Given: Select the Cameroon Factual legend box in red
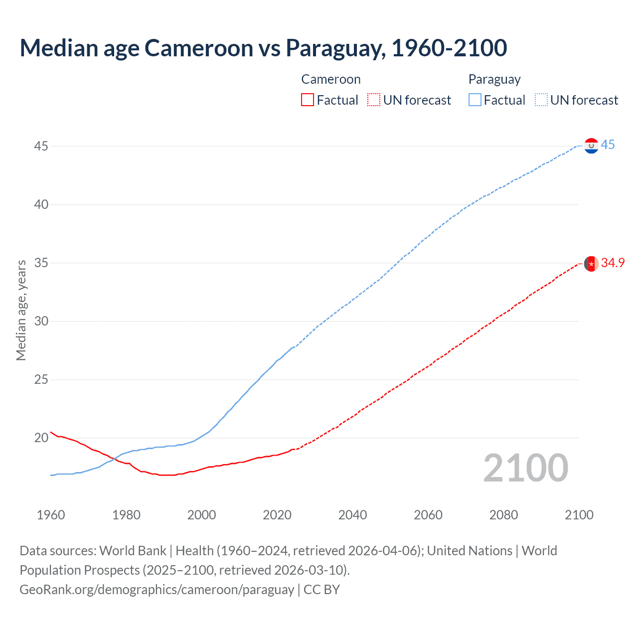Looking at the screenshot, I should (308, 100).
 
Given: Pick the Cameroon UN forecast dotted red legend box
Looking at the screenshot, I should (374, 100).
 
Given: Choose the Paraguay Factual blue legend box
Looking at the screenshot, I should (475, 100).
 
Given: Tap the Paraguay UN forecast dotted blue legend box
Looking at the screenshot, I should (541, 100).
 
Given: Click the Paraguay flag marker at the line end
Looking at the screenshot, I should (591, 146).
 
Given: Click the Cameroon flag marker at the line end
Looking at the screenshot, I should (591, 263).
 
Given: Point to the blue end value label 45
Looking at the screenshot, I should (608, 145).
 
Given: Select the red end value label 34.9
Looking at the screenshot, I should (613, 263).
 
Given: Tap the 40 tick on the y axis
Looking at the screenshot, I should (41, 204).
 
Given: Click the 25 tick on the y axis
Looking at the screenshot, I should (41, 379).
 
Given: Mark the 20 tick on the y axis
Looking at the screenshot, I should (41, 438).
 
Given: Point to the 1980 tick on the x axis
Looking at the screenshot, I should (126, 515).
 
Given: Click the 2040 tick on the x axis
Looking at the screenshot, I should (352, 515).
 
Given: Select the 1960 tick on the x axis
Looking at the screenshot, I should (51, 515).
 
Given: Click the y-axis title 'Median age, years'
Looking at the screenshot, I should (21, 310).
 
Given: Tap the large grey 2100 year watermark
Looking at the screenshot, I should (525, 468).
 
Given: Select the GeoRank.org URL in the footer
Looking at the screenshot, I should (157, 590).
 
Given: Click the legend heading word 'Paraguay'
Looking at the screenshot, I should (494, 79).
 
